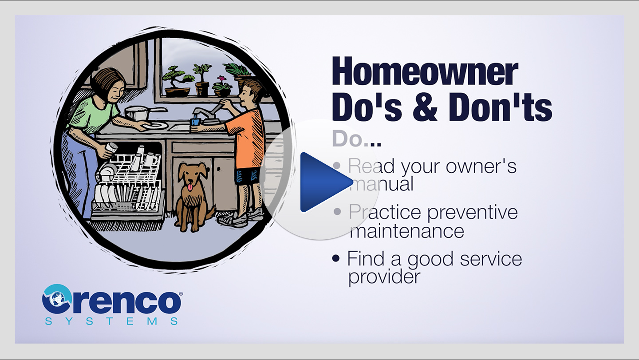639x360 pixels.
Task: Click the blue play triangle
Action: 324,182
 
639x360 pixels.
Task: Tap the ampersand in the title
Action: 425,107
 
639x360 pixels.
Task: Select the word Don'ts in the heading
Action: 501,107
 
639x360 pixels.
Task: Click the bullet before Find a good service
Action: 336,258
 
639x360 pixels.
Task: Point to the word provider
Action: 384,277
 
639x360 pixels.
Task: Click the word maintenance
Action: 407,231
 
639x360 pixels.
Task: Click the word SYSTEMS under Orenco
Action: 111,321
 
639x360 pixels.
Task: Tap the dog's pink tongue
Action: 190,188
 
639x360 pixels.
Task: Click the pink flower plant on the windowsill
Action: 222,86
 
